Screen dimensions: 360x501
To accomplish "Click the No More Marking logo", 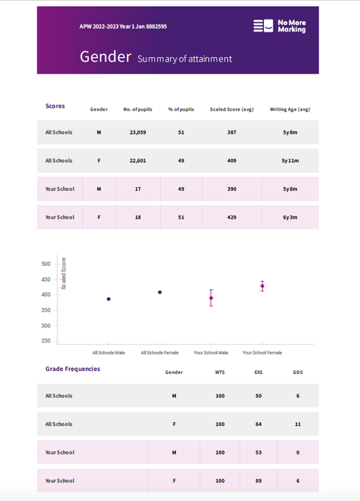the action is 280,26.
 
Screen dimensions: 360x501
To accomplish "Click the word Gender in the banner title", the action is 105,57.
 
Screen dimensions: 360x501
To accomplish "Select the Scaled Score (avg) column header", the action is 231,109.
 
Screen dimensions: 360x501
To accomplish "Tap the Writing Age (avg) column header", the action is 290,109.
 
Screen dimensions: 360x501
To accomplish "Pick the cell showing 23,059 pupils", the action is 138,132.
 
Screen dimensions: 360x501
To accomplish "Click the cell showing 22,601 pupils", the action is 138,161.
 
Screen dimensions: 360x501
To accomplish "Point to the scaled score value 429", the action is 231,217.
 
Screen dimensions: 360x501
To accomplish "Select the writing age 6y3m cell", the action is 290,217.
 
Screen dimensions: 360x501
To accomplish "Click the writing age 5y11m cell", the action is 290,161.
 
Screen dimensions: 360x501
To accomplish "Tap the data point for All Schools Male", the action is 109,299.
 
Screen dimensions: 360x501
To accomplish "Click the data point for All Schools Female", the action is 160,292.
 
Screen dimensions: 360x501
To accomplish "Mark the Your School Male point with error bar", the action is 211,297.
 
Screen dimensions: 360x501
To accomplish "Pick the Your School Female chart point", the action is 262,286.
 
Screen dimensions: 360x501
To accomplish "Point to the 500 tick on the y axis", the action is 46,264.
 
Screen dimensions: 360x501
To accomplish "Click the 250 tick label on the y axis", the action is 46,341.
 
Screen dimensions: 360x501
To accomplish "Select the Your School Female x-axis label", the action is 262,353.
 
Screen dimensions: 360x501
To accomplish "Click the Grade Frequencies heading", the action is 73,369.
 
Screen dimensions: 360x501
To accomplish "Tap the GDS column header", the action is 298,373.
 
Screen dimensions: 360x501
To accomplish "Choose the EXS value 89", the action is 259,481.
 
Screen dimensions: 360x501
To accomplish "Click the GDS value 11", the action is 298,424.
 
